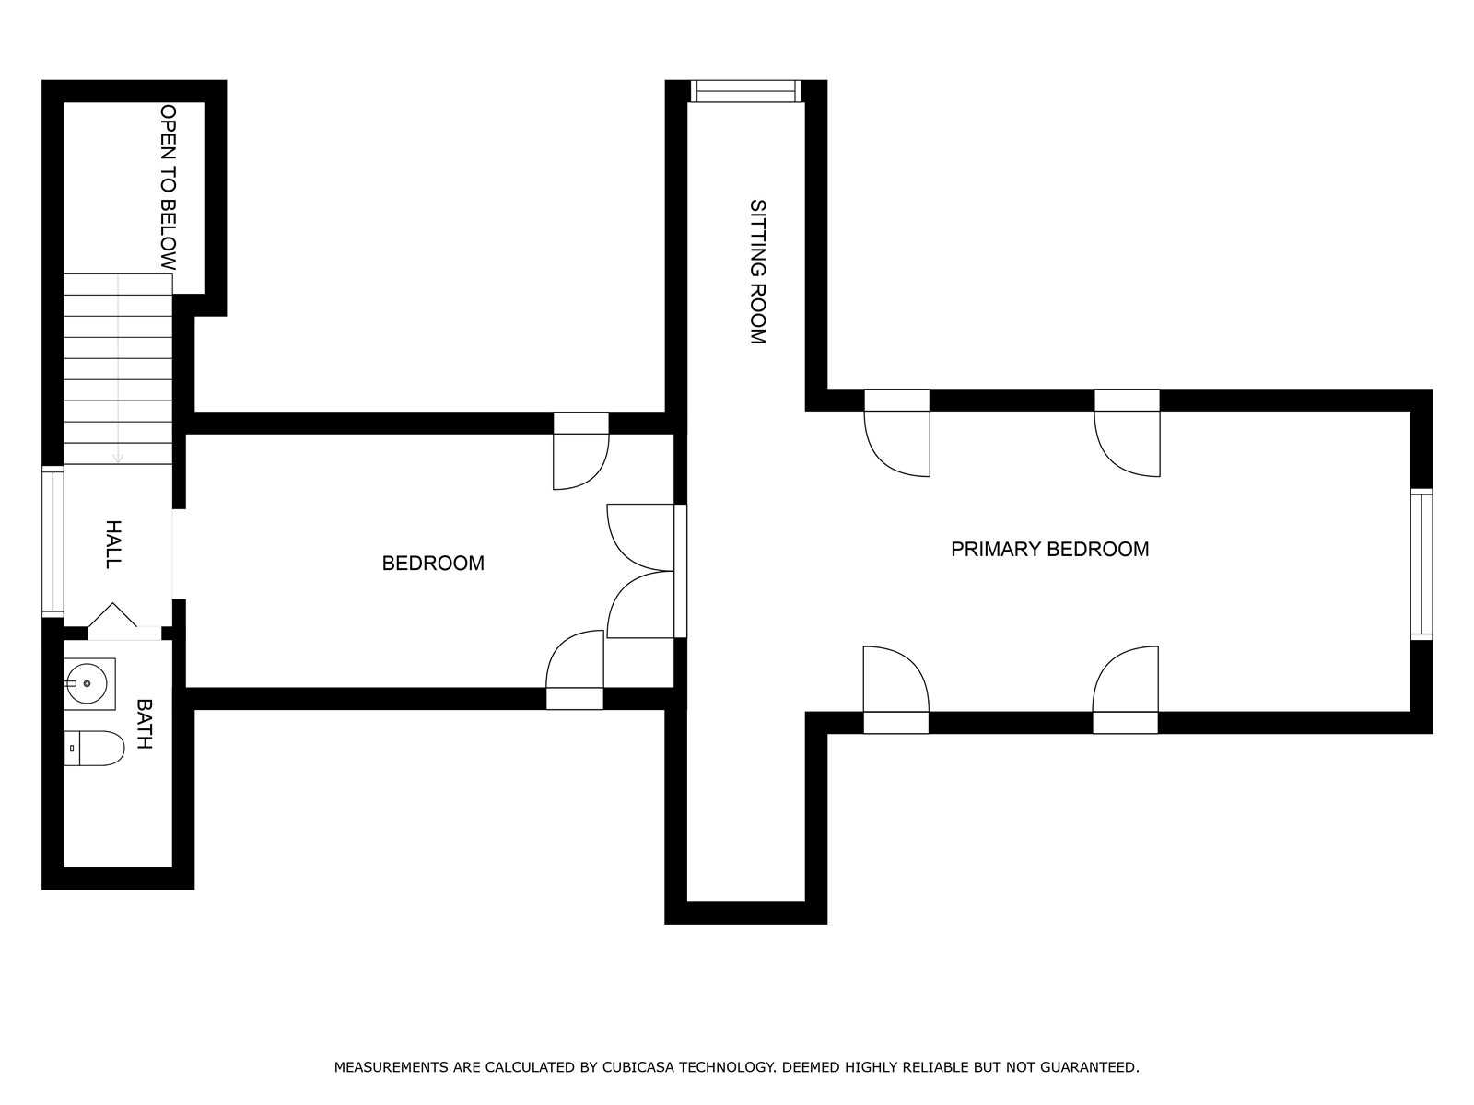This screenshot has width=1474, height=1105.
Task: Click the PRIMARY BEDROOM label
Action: click(x=1049, y=550)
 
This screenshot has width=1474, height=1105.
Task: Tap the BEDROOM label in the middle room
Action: click(x=433, y=563)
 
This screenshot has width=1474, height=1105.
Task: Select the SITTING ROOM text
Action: click(x=758, y=272)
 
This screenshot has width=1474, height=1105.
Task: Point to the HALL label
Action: click(x=113, y=544)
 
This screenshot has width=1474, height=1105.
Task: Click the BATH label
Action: click(x=145, y=724)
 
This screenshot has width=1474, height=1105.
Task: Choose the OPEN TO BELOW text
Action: click(x=168, y=187)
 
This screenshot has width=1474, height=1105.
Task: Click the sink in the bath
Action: click(x=90, y=683)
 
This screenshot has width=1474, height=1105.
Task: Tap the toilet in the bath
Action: click(x=95, y=748)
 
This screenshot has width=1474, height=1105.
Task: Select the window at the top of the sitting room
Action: click(x=746, y=91)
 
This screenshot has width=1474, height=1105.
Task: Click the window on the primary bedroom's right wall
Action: click(x=1421, y=564)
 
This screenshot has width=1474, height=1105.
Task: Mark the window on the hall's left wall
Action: click(x=53, y=541)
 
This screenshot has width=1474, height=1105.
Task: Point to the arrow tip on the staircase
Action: click(x=118, y=461)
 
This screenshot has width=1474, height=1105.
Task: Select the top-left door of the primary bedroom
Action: click(x=897, y=434)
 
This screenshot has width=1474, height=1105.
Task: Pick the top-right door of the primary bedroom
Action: click(x=1128, y=434)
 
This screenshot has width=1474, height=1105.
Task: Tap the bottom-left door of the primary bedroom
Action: click(x=895, y=690)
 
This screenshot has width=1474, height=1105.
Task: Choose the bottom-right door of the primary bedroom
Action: click(x=1126, y=690)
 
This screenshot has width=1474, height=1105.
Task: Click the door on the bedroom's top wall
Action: click(x=581, y=451)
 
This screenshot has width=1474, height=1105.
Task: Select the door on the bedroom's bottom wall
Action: click(x=575, y=669)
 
